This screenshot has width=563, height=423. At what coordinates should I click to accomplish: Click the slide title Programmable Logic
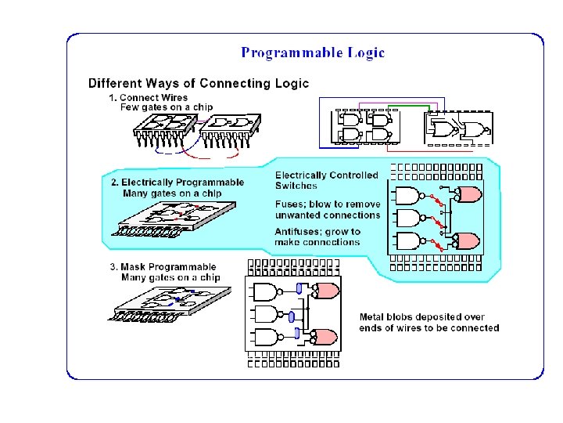pyautogui.click(x=313, y=53)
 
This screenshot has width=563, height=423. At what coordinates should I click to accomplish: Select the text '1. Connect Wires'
pyautogui.click(x=148, y=97)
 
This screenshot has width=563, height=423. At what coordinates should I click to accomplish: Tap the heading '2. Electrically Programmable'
pyautogui.click(x=177, y=183)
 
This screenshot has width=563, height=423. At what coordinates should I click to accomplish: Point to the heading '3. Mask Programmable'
pyautogui.click(x=163, y=267)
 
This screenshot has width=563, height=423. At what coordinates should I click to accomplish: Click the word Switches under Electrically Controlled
pyautogui.click(x=296, y=186)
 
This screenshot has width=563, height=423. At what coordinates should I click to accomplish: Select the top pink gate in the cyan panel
pyautogui.click(x=468, y=193)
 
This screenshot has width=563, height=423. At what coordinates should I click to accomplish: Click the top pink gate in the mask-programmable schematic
pyautogui.click(x=326, y=291)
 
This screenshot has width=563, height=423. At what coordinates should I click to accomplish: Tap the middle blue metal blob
pyautogui.click(x=292, y=317)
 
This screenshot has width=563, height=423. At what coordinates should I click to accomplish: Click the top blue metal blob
pyautogui.click(x=299, y=290)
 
